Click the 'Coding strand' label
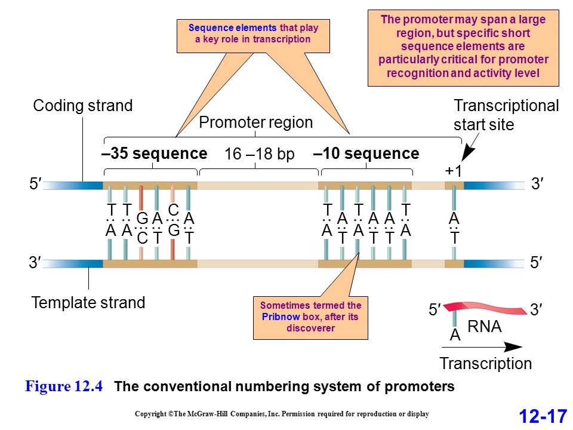[x=82, y=106]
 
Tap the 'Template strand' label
[x=88, y=303]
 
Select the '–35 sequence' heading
[x=154, y=153]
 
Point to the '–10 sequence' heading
[x=366, y=153]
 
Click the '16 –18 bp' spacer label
[x=260, y=154]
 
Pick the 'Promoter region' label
[x=256, y=122]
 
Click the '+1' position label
[x=454, y=171]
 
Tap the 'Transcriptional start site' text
[x=506, y=115]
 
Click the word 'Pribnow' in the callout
[x=281, y=317]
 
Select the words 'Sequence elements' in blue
[x=232, y=28]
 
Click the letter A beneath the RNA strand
[x=455, y=334]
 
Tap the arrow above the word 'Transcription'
[x=482, y=347]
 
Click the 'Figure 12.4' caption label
[x=64, y=386]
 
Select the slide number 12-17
[x=543, y=416]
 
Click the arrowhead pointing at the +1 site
[x=467, y=153]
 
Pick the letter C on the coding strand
[x=174, y=210]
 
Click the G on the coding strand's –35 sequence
[x=142, y=219]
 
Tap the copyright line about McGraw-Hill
[x=282, y=414]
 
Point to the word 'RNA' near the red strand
[x=485, y=327]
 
